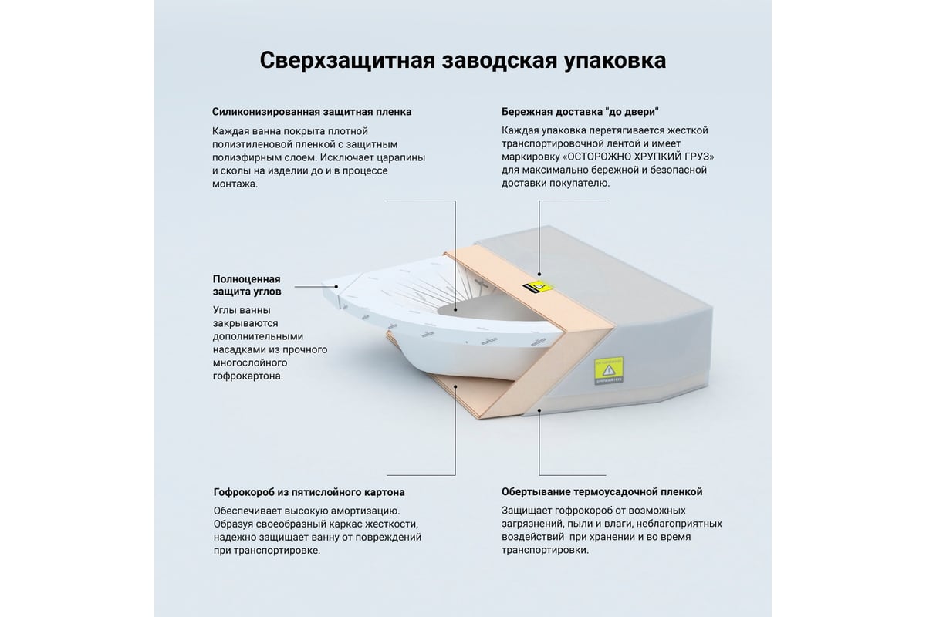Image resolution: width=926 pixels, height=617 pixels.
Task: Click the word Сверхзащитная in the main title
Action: [x=347, y=61]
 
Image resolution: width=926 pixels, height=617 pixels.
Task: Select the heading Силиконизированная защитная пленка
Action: [x=312, y=112]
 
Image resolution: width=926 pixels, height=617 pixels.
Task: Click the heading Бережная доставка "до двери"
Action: [x=580, y=112]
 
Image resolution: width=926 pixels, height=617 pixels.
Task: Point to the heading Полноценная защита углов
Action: [x=247, y=285]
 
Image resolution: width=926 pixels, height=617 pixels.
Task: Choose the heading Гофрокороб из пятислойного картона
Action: [x=309, y=492]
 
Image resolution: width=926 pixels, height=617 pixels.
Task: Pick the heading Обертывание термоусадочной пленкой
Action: [x=602, y=492]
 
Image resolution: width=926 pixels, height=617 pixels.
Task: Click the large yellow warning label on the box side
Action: [x=609, y=370]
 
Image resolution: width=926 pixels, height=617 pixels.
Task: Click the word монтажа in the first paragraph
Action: [x=235, y=184]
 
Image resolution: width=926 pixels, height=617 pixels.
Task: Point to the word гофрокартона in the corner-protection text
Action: [x=248, y=376]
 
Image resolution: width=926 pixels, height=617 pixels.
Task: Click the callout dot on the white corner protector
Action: [x=336, y=286]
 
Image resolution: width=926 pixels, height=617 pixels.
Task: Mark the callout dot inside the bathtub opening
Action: [x=455, y=309]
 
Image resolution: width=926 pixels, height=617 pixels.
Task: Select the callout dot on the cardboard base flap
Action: [x=455, y=387]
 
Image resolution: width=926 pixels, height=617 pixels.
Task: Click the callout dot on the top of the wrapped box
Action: [x=539, y=274]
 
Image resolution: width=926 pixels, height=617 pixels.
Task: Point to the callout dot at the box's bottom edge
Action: [x=539, y=410]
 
